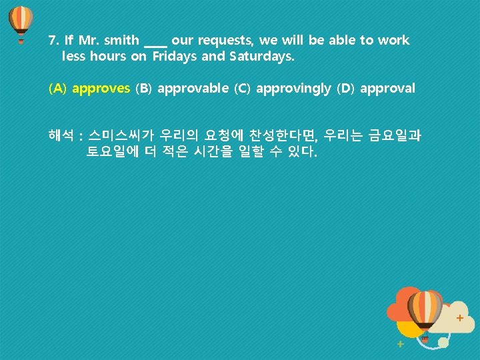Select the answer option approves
click(x=101, y=88)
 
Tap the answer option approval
click(x=387, y=88)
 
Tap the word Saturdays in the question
click(x=260, y=56)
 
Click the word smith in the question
click(x=120, y=41)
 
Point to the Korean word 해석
click(x=61, y=136)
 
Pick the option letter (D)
click(x=347, y=88)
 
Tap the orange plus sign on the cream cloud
click(x=459, y=319)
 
